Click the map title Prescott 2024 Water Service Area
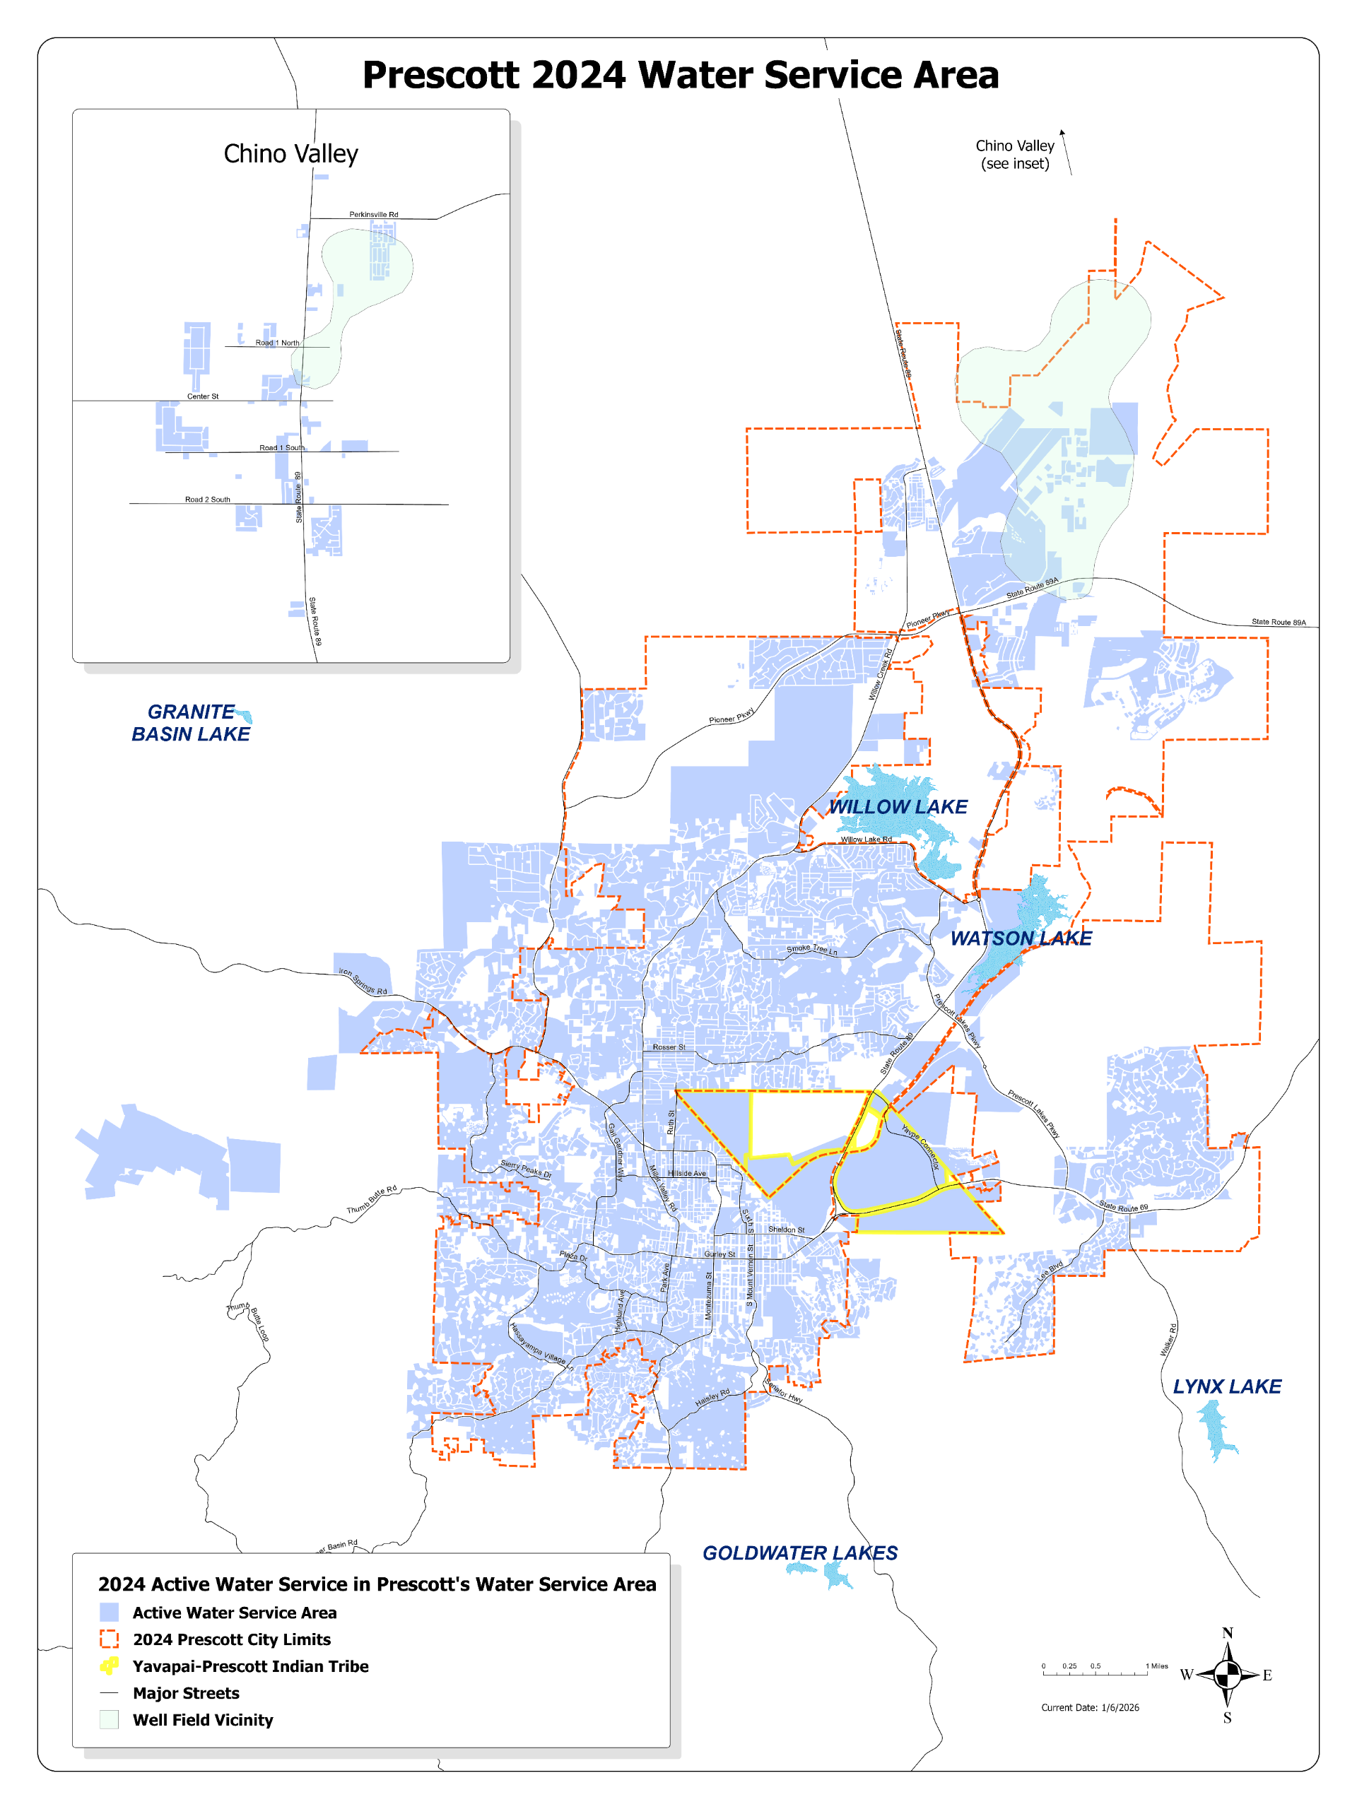[x=680, y=75]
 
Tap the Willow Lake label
[x=898, y=806]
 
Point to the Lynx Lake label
[x=1226, y=1386]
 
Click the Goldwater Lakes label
[x=799, y=1553]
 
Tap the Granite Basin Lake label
[x=191, y=723]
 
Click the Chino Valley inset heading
[x=290, y=154]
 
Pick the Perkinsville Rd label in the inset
[x=373, y=214]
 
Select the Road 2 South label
[x=207, y=499]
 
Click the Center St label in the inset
[x=203, y=396]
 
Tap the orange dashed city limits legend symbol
[x=109, y=1639]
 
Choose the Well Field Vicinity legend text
[x=203, y=1720]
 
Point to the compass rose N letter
[x=1227, y=1633]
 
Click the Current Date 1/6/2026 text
[x=1090, y=1707]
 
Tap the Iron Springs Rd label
[x=363, y=982]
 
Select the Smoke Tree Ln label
[x=811, y=950]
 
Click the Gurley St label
[x=719, y=1254]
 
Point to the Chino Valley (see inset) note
[x=1014, y=155]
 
